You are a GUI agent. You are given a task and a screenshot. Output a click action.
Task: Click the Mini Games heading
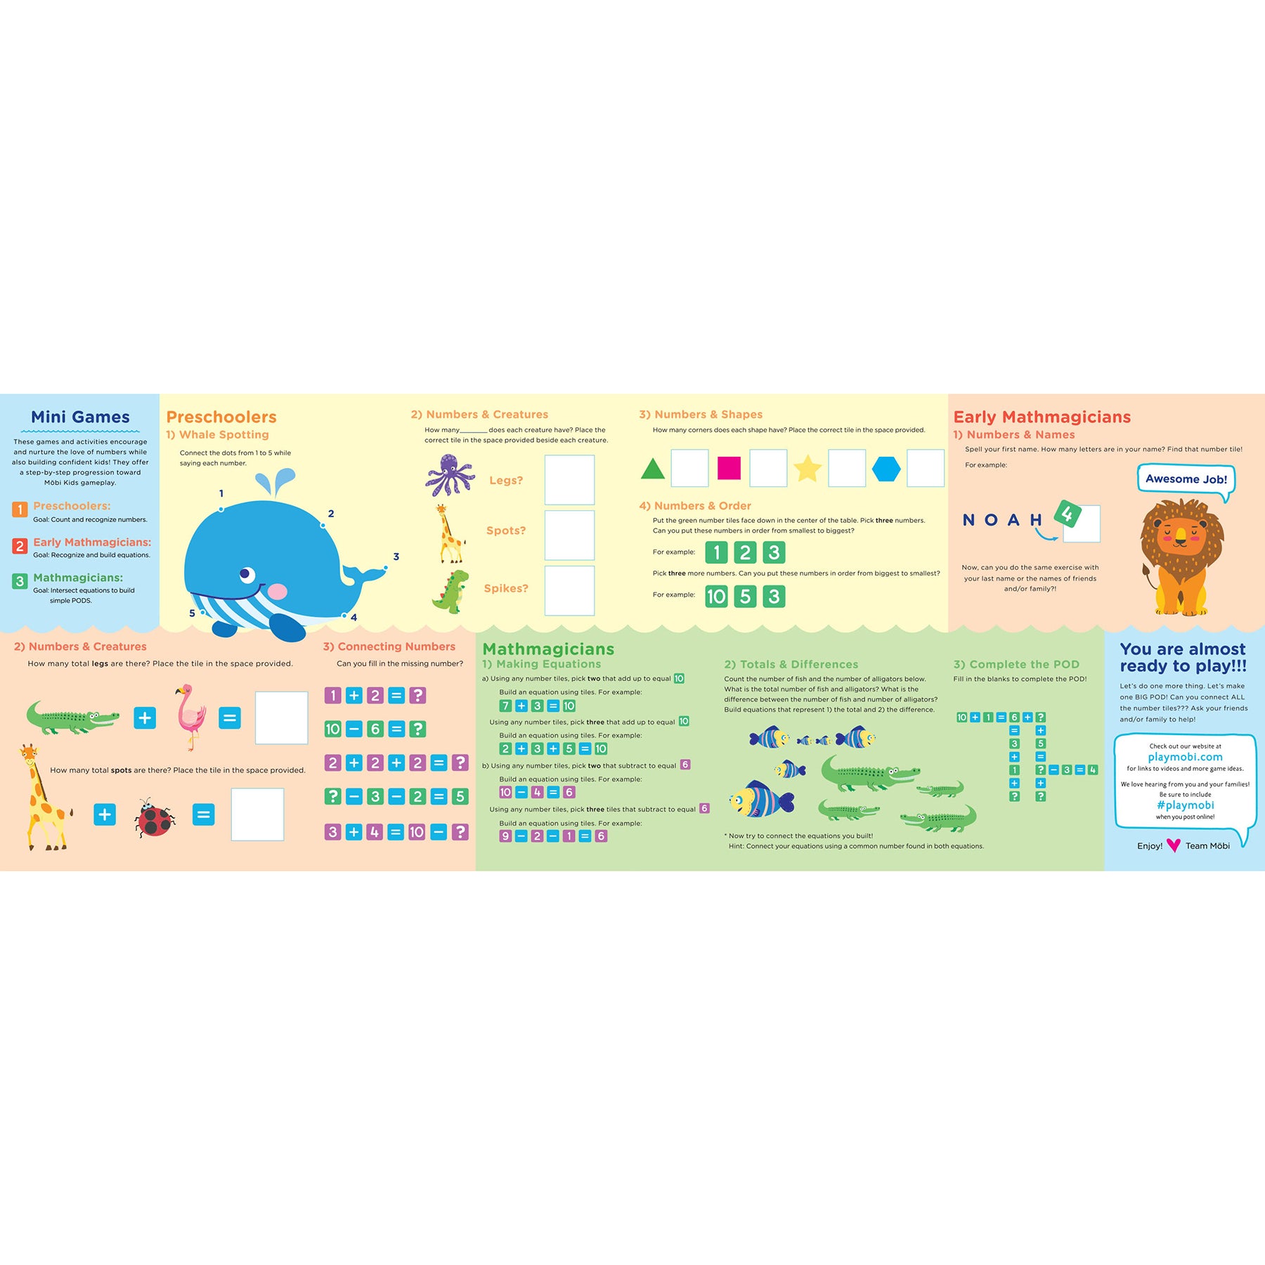coord(80,417)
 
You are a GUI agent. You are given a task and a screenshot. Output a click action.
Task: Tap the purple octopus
coord(450,475)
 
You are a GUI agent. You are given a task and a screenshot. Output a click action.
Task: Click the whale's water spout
coord(275,484)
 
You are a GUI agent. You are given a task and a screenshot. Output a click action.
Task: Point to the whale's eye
coord(247,575)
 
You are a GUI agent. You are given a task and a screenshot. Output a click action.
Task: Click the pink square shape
coord(729,468)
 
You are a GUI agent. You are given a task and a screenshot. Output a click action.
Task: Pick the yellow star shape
coord(807,468)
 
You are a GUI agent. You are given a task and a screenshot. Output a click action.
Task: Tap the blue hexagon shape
coord(886,469)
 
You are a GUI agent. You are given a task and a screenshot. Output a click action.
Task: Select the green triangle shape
coord(653,469)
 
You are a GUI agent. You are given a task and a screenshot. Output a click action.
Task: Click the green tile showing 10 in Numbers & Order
coord(716,597)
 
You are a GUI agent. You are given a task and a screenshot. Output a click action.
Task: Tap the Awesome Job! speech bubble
coord(1186,480)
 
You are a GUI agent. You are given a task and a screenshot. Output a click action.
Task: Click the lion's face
coord(1181,538)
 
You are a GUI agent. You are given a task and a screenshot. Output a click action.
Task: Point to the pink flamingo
coord(190,717)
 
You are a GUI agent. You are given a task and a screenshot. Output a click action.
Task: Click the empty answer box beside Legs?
coord(569,480)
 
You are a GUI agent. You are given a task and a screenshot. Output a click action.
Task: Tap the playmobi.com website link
coord(1185,757)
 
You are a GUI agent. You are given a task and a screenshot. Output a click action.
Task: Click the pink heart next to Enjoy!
coord(1173,845)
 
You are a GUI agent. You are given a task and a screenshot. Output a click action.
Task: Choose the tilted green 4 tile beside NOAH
coord(1068,514)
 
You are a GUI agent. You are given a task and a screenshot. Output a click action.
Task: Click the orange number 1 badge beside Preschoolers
coord(20,509)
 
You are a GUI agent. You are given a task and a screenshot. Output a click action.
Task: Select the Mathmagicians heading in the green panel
coord(548,649)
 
